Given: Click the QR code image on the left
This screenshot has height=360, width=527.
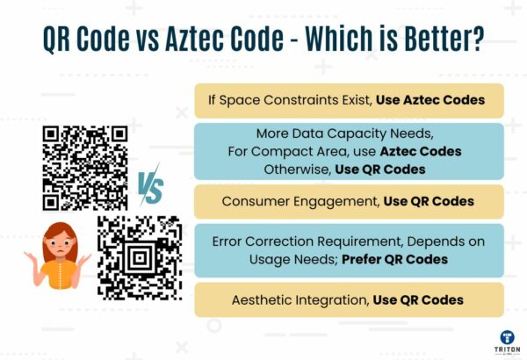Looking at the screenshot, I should pyautogui.click(x=85, y=168).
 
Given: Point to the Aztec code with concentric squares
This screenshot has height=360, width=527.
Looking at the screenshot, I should pyautogui.click(x=140, y=256).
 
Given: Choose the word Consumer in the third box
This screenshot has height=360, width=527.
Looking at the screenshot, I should pyautogui.click(x=252, y=201).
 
